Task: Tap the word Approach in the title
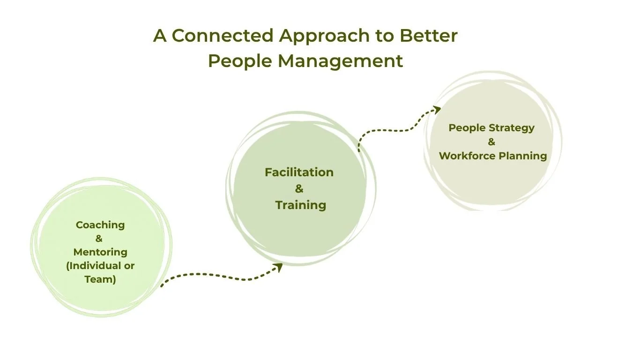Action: pos(317,36)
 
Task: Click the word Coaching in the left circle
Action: pos(100,225)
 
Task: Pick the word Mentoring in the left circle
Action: pos(100,252)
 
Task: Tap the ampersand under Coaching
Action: pos(99,239)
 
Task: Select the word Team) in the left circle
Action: pos(100,279)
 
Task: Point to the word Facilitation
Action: pos(299,172)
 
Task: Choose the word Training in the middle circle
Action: pos(301,205)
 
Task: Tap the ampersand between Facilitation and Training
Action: pos(299,189)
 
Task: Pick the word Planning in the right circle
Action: pos(525,156)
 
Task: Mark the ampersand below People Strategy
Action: pos(491,142)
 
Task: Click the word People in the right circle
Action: pos(468,128)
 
